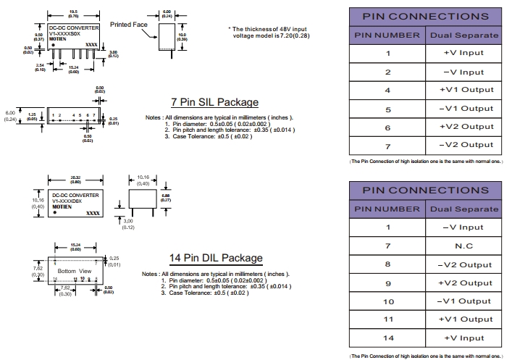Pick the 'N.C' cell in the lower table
463,246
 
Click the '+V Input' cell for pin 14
463,338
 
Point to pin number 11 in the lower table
387,319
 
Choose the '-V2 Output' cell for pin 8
463,264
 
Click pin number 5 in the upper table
387,109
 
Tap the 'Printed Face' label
128,25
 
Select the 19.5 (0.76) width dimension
74,13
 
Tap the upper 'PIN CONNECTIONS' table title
425,16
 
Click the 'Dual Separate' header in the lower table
463,209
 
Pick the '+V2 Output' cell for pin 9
463,282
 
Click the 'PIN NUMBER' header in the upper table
387,35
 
